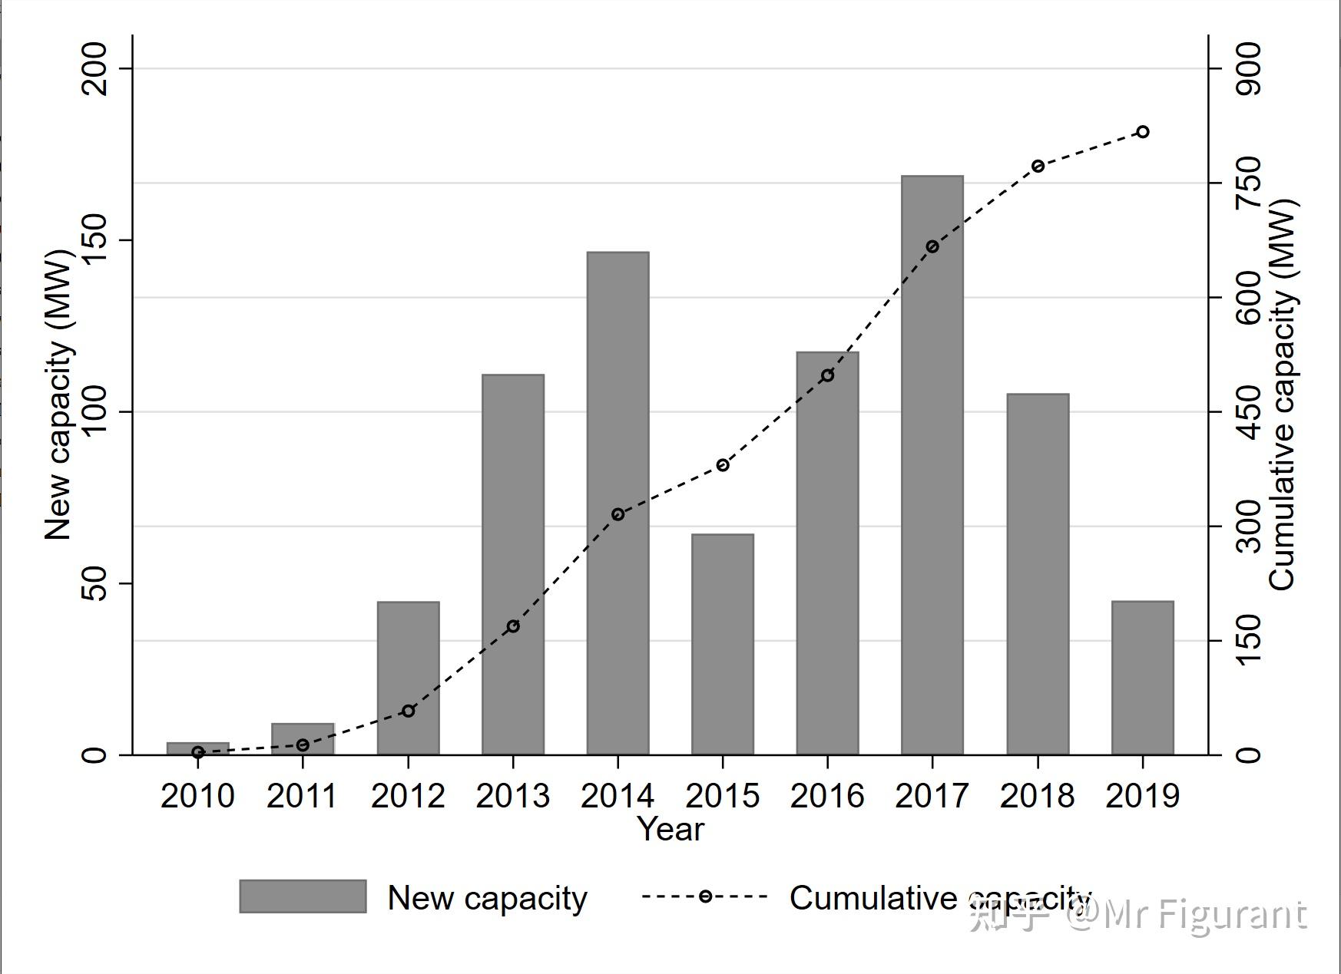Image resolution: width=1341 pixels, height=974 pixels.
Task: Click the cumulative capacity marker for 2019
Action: pos(1142,132)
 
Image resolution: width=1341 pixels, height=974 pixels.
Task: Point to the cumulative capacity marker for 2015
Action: pos(722,465)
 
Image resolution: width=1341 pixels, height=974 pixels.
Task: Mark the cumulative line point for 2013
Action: pos(513,626)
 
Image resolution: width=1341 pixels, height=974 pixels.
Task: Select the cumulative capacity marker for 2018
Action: pos(1038,167)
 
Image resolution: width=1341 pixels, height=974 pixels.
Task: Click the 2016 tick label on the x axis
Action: pos(827,796)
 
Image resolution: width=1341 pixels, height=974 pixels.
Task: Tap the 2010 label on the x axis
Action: pos(197,796)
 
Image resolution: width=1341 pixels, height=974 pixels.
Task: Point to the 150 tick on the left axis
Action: pos(94,239)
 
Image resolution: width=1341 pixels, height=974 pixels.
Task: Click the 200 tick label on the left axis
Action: pos(94,68)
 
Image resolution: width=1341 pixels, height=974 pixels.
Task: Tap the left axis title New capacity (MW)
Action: pos(58,395)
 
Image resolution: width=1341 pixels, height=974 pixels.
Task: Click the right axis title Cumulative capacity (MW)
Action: pos(1281,395)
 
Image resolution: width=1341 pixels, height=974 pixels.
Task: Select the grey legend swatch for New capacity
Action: pos(303,896)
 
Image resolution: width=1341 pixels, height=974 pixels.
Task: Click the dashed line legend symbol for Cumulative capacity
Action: pos(704,896)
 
